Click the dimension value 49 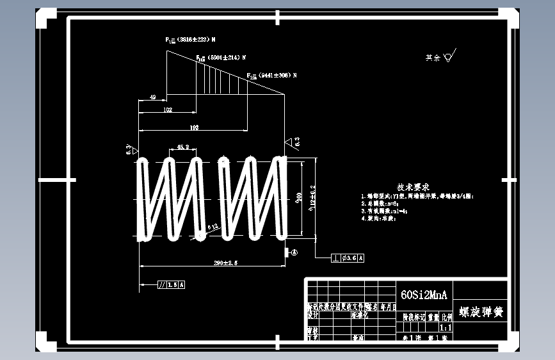pos(152,97)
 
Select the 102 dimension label pos(168,110)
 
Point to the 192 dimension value pos(195,128)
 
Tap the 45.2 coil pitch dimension pos(183,147)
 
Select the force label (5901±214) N pos(217,58)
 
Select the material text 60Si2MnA pos(423,295)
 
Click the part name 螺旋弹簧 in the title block pos(481,313)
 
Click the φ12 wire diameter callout pos(213,225)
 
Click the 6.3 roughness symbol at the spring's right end pos(294,142)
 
